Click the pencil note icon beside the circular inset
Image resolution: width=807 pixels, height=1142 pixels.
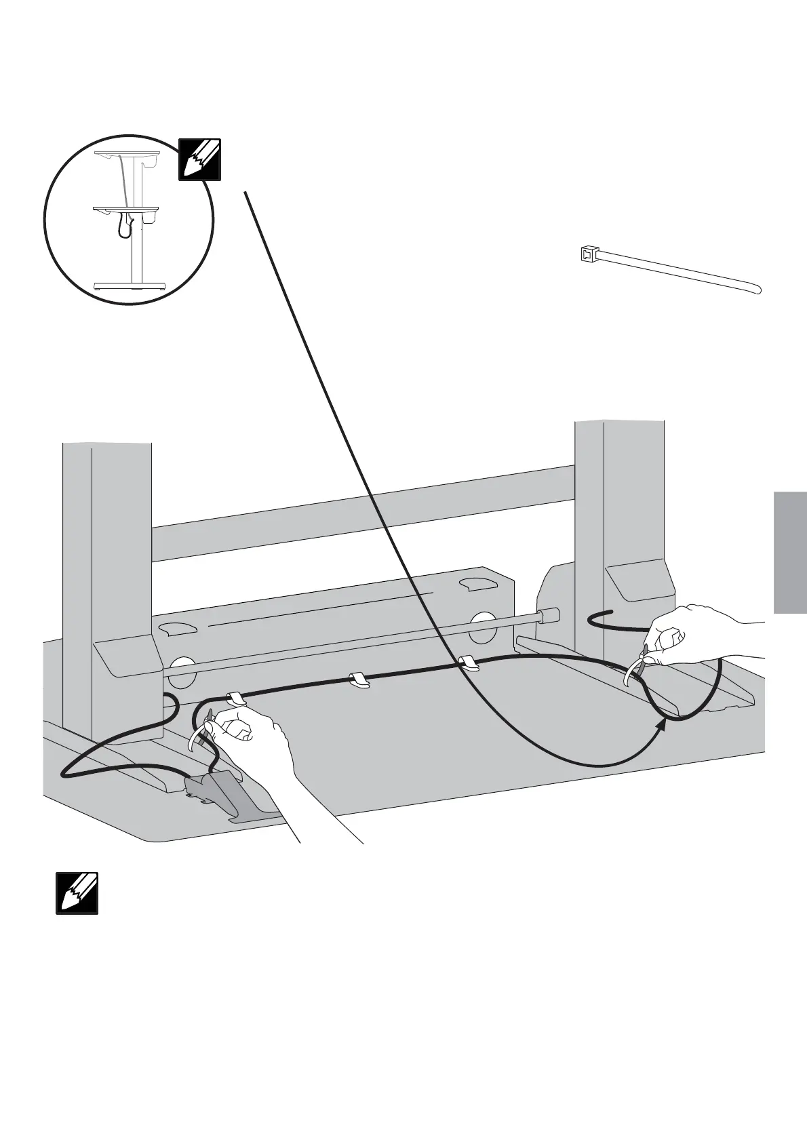coord(199,159)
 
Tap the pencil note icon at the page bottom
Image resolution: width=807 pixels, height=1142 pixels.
coord(77,893)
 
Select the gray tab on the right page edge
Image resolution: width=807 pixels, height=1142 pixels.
coord(789,553)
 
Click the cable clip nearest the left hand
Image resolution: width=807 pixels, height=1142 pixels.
coord(235,698)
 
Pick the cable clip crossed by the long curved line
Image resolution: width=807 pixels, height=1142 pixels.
coord(469,663)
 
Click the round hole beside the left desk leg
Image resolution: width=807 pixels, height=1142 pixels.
coord(179,669)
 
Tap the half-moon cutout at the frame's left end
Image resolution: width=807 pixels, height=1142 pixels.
coord(178,628)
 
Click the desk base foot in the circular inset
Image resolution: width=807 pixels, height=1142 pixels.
coord(129,285)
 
